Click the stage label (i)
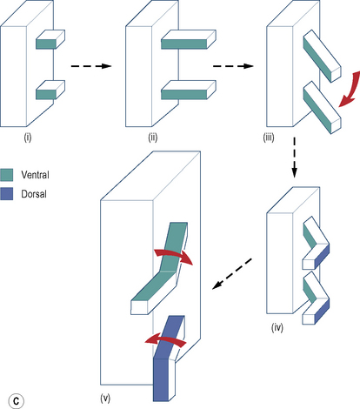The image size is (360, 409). [x=28, y=137]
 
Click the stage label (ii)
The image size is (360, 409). [x=153, y=137]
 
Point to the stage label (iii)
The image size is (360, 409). [x=269, y=137]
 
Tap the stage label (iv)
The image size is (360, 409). [x=277, y=327]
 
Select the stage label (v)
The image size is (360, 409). [x=105, y=399]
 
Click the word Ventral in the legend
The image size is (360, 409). [x=35, y=175]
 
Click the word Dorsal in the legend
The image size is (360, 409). [x=34, y=194]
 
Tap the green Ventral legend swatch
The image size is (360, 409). [x=7, y=175]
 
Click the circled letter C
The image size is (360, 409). [x=17, y=401]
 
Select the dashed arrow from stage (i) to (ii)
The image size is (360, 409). [x=91, y=66]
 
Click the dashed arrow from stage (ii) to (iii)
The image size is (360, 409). [x=233, y=66]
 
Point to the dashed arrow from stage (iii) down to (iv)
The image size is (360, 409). [x=294, y=158]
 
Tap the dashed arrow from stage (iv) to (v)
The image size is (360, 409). [x=232, y=273]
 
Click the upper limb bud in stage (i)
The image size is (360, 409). [x=50, y=39]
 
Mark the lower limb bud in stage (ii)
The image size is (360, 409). [x=189, y=90]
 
